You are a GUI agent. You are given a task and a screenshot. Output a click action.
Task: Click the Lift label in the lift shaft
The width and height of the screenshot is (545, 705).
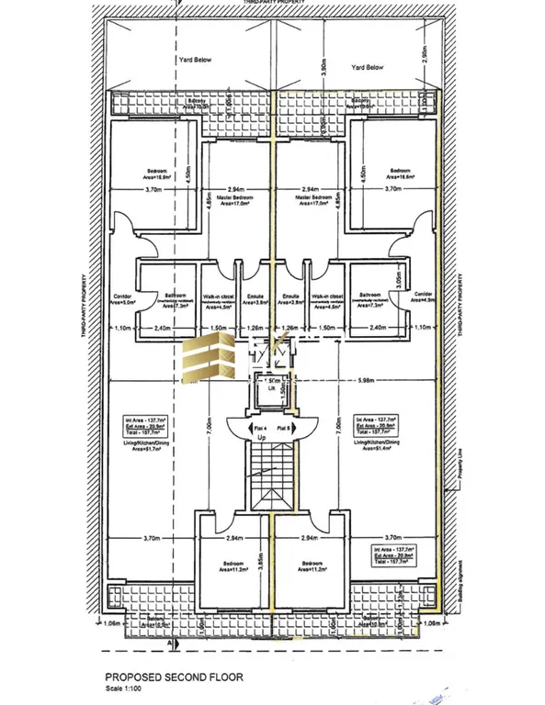click(x=272, y=391)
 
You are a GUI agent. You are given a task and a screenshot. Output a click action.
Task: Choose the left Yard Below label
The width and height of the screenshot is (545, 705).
click(x=194, y=60)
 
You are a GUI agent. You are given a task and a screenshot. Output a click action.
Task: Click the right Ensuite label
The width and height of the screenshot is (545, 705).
click(x=292, y=300)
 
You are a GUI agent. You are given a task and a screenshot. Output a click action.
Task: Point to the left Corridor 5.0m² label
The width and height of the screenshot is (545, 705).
click(x=123, y=299)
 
